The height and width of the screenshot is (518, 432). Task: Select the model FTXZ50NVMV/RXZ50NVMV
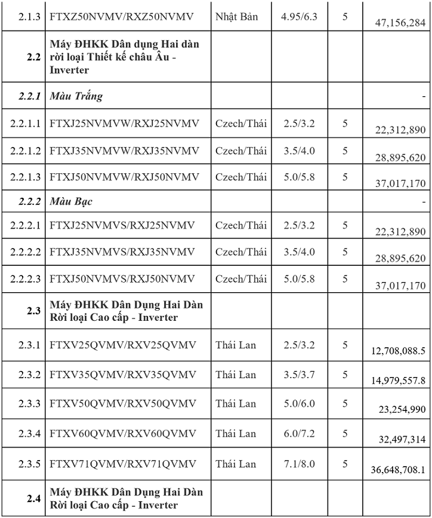pyautogui.click(x=122, y=16)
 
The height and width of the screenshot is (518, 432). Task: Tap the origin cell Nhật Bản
pyautogui.click(x=237, y=16)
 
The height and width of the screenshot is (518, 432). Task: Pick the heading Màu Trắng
pyautogui.click(x=76, y=96)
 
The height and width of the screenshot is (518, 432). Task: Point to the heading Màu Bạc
pyautogui.click(x=71, y=201)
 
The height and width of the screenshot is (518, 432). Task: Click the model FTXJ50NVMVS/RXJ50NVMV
pyautogui.click(x=122, y=278)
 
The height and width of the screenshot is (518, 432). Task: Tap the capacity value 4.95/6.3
pyautogui.click(x=299, y=16)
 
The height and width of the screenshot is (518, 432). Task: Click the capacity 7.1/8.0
pyautogui.click(x=299, y=464)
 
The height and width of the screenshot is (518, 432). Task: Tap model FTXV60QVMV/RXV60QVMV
pyautogui.click(x=122, y=434)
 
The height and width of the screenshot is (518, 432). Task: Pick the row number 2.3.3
pyautogui.click(x=29, y=404)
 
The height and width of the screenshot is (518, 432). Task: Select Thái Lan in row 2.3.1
pyautogui.click(x=236, y=345)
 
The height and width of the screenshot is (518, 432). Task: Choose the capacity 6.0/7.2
pyautogui.click(x=299, y=434)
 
